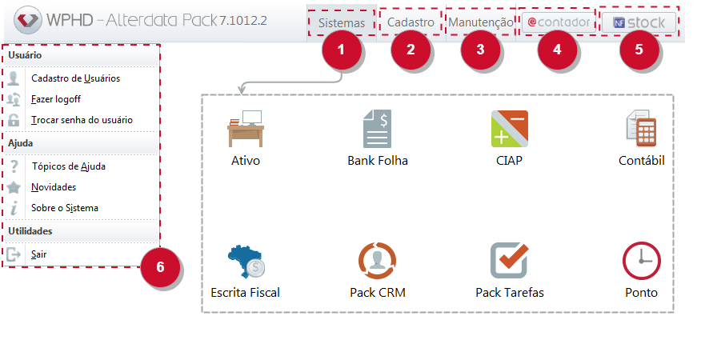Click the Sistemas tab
click(x=342, y=23)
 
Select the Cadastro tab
click(x=411, y=22)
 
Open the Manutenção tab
click(x=481, y=22)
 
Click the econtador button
click(x=559, y=22)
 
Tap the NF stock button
click(x=639, y=22)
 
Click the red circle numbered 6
click(x=160, y=267)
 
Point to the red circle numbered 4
click(x=557, y=49)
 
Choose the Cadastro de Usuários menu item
click(x=75, y=78)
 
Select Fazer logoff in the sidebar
click(x=56, y=99)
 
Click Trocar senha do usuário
click(x=82, y=120)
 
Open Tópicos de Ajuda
click(x=68, y=166)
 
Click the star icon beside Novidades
click(x=14, y=187)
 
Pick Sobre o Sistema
click(x=65, y=208)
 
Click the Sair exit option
click(x=39, y=254)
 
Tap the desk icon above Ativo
click(x=246, y=129)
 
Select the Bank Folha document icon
click(x=378, y=129)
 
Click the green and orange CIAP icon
click(x=510, y=129)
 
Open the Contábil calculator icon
click(x=642, y=129)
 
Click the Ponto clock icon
click(x=642, y=261)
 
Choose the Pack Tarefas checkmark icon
click(x=510, y=260)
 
